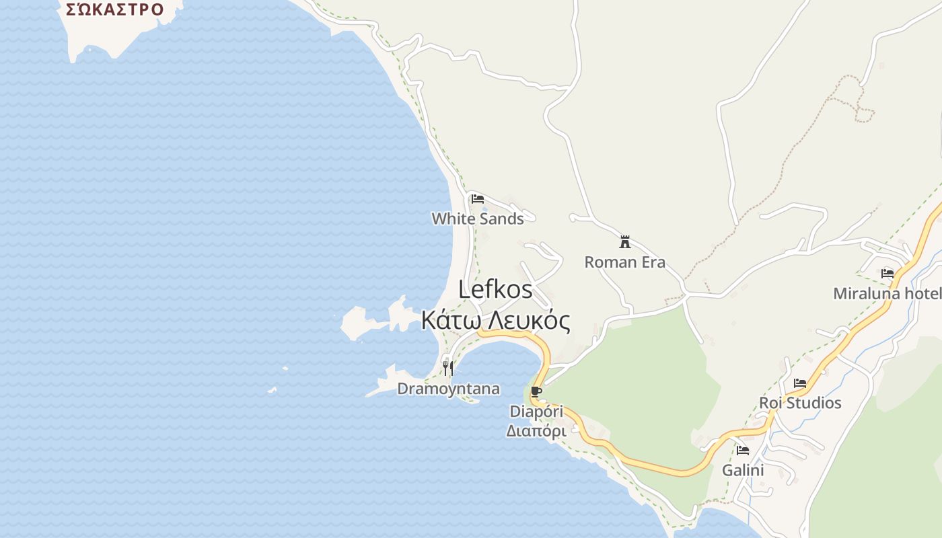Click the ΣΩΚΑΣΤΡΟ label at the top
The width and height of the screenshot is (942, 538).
(114, 9)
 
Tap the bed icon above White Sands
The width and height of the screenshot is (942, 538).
(478, 199)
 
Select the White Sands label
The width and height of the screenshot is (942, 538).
(478, 219)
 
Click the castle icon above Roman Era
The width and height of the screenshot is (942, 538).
(625, 242)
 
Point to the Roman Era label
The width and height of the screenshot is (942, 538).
(625, 262)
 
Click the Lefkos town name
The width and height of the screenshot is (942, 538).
(495, 290)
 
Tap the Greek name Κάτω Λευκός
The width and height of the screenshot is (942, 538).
(496, 320)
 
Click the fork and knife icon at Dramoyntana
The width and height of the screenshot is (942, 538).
(448, 369)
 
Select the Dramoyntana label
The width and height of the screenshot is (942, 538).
(449, 389)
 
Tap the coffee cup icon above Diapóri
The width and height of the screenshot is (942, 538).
(536, 392)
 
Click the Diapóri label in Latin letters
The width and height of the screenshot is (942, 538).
(536, 411)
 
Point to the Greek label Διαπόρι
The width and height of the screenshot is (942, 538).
(536, 430)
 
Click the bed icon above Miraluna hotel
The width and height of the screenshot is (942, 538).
(887, 274)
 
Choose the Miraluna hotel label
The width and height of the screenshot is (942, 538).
(886, 294)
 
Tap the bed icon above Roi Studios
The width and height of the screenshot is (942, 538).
(800, 383)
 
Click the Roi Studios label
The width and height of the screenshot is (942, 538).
(800, 403)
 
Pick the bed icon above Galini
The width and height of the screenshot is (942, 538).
(743, 451)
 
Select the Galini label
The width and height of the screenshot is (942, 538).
(743, 470)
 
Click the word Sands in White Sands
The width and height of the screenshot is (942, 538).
(502, 219)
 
